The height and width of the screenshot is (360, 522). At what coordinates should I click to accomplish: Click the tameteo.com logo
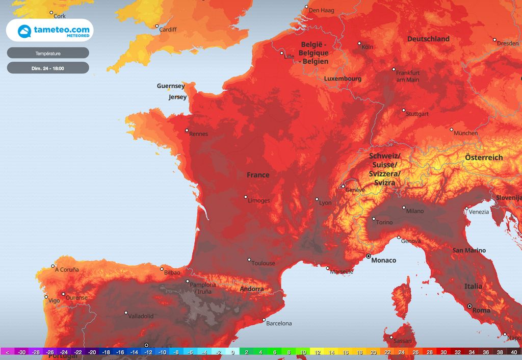click(x=49, y=30)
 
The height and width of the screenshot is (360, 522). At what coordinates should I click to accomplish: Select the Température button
click(x=48, y=53)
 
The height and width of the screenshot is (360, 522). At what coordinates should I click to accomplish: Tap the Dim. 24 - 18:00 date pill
click(x=48, y=68)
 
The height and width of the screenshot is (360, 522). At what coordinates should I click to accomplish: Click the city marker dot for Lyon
click(x=317, y=199)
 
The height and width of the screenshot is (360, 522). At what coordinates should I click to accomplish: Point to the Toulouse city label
click(x=263, y=263)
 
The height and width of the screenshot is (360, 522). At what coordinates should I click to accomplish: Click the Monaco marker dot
click(x=368, y=256)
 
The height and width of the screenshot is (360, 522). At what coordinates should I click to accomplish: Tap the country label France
click(x=258, y=175)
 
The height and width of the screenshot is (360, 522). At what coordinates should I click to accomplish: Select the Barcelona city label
click(x=279, y=323)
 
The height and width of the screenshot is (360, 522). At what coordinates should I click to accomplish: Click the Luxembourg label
click(x=343, y=79)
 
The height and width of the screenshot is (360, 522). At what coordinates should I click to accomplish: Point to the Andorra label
click(x=252, y=289)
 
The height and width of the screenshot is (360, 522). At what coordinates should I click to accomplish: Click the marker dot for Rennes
click(x=187, y=131)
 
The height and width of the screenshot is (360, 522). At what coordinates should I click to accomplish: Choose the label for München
click(x=466, y=133)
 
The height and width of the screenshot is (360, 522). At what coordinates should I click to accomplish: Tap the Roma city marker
click(x=469, y=306)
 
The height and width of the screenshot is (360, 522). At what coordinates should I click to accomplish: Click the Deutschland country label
click(x=428, y=39)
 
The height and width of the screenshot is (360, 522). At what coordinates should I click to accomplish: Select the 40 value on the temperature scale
click(x=513, y=352)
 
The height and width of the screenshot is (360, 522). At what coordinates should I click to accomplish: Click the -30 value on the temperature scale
click(x=22, y=352)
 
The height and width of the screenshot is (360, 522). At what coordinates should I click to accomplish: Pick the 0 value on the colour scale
click(x=232, y=352)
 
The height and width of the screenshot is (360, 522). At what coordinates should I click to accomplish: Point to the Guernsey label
click(x=171, y=86)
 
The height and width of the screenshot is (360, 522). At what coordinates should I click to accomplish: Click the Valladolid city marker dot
click(x=126, y=313)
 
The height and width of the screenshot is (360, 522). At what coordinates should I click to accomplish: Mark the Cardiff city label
click(x=168, y=30)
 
